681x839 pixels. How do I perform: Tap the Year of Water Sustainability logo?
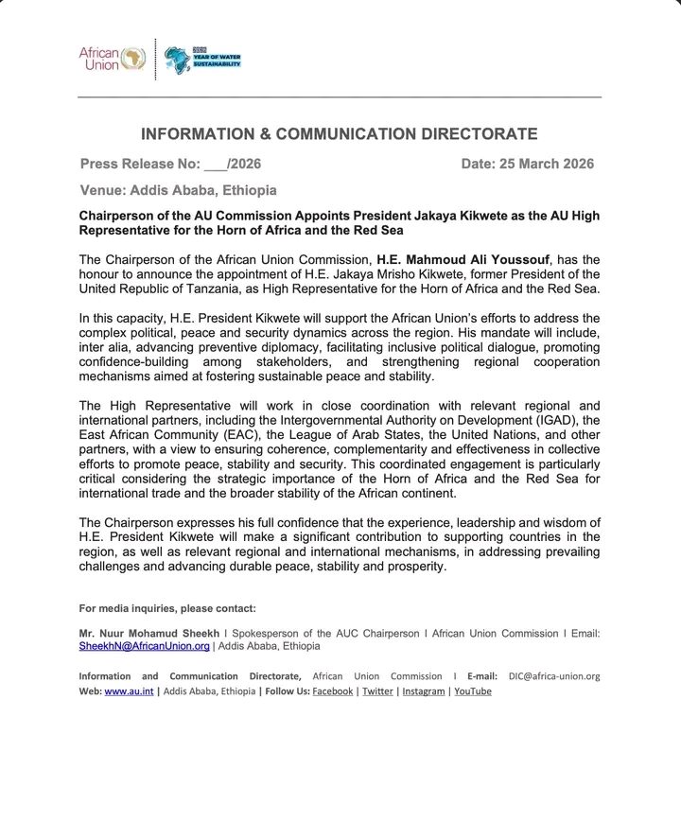pos(202,60)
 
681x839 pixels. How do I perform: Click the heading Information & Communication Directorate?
pos(340,134)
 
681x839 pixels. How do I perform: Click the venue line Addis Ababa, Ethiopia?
pos(179,190)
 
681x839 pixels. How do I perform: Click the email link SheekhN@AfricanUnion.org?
pos(144,645)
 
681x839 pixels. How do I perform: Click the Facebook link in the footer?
pos(333,691)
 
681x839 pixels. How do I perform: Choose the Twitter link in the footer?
pos(377,691)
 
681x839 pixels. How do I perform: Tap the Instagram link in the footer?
pos(423,691)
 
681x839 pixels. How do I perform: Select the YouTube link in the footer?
pos(473,691)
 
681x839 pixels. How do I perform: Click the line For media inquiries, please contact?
pos(167,607)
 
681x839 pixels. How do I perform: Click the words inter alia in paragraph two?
pos(99,333)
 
